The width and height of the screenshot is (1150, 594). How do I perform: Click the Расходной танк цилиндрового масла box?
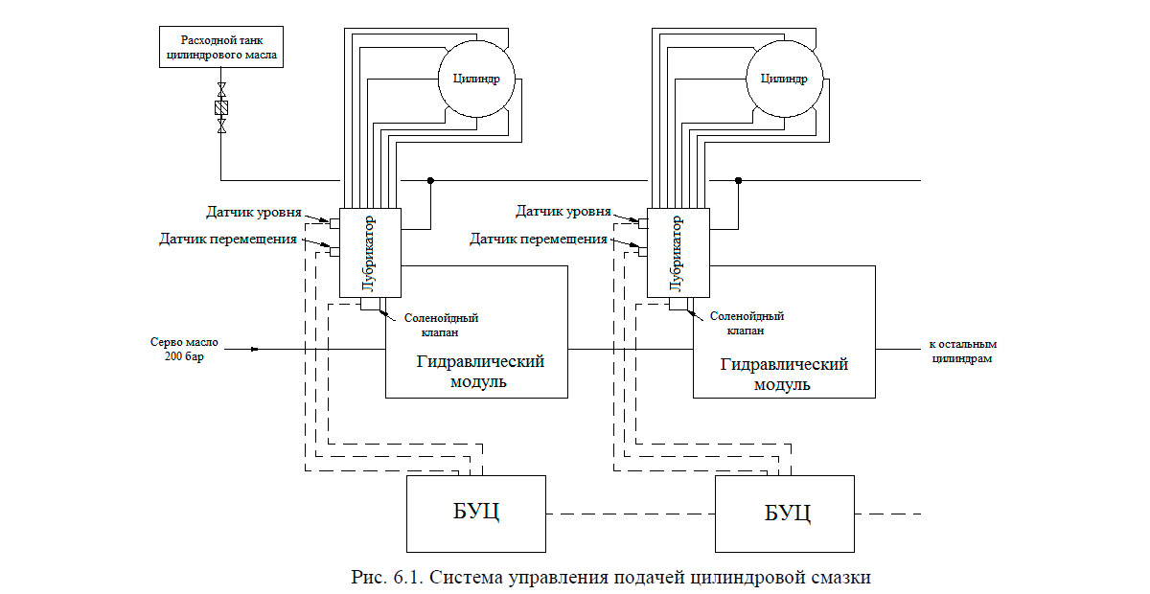click(220, 47)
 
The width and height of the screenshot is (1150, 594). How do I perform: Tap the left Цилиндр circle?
click(476, 78)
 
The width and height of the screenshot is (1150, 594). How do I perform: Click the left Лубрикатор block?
click(370, 253)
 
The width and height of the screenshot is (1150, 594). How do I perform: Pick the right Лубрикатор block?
click(677, 253)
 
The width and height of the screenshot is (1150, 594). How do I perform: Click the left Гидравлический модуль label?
click(480, 372)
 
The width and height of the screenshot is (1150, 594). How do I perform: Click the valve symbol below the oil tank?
click(222, 108)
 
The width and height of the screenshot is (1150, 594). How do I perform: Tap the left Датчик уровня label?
click(254, 212)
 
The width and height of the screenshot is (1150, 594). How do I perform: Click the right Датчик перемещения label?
click(539, 239)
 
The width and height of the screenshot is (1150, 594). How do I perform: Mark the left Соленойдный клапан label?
click(441, 325)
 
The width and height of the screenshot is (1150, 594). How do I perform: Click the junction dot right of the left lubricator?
click(430, 180)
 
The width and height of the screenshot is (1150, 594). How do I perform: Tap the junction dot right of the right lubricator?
click(738, 180)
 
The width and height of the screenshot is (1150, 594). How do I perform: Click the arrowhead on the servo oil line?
click(254, 349)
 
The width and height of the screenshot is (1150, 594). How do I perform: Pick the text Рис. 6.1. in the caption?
click(379, 578)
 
